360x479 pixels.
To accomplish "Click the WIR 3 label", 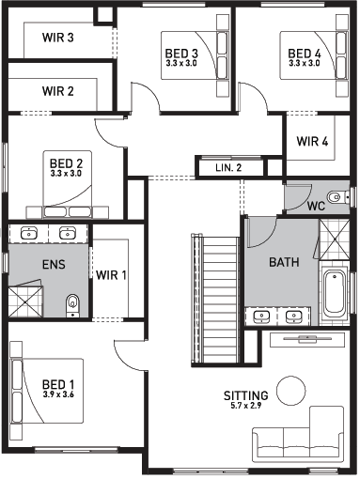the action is [x=58, y=38].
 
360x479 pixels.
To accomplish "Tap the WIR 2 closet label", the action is [x=58, y=91].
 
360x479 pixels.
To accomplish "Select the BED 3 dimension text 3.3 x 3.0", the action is [x=181, y=63].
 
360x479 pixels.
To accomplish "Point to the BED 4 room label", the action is [x=305, y=54].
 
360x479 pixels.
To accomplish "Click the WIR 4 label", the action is [x=312, y=141].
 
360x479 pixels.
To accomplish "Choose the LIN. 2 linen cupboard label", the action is [x=228, y=168].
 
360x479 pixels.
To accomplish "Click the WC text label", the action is [x=316, y=206].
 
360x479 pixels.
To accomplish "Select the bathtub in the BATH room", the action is [x=335, y=294].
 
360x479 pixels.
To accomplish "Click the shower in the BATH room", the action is [x=335, y=239].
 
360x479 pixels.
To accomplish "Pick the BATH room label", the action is [x=284, y=262].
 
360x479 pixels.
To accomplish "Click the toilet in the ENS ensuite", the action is [x=72, y=305].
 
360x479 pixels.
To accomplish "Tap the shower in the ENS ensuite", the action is [x=25, y=301].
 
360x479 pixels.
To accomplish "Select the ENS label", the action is [x=54, y=265].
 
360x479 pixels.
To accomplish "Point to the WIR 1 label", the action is [x=111, y=275].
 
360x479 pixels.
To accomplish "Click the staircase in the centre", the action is [x=215, y=300].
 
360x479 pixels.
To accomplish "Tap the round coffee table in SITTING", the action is [x=291, y=391].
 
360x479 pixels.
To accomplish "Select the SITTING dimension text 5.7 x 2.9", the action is [x=246, y=406].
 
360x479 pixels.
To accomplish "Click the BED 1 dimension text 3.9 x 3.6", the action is [x=58, y=394].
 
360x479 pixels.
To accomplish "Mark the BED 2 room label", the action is [x=66, y=163].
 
